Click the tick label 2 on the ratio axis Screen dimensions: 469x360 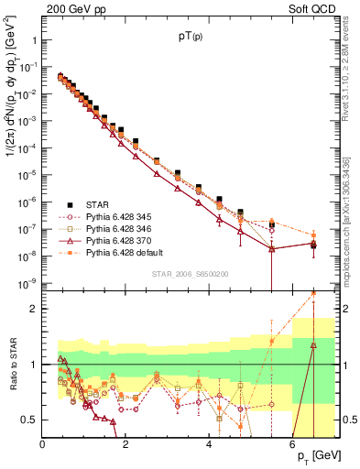coord(35,310)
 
